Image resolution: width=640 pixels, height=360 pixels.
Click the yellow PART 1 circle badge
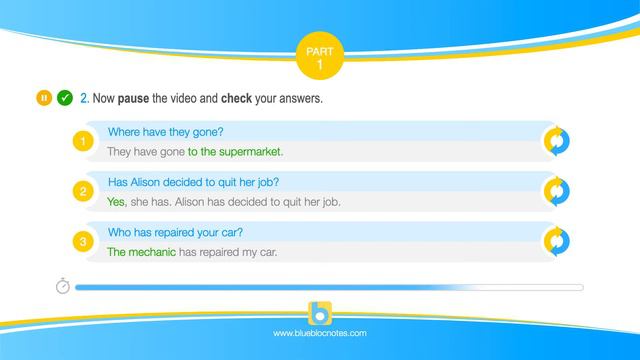(x=320, y=56)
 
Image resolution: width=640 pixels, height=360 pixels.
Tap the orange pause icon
(x=44, y=98)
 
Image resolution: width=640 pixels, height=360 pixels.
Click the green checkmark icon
(x=64, y=98)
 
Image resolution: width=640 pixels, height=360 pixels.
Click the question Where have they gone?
(x=165, y=132)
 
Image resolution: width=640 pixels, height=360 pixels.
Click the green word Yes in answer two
(x=117, y=201)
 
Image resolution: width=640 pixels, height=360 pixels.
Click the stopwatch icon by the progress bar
(x=62, y=287)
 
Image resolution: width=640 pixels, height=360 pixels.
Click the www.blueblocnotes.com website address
(x=320, y=333)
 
